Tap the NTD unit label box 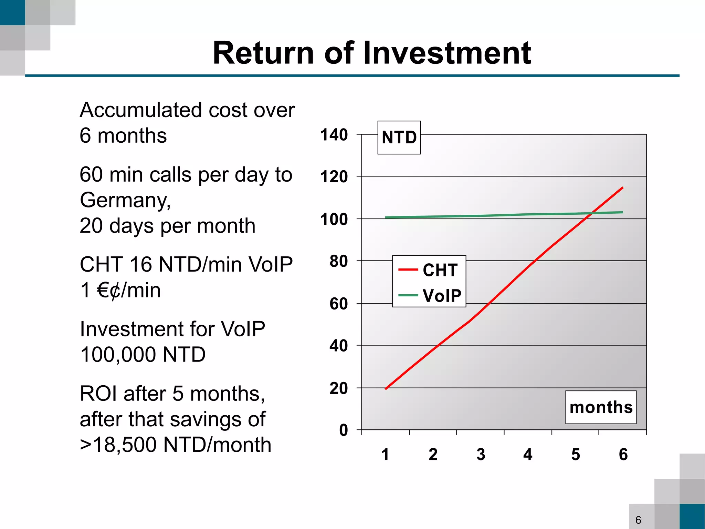coord(399,138)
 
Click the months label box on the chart coord(601,407)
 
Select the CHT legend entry coord(429,270)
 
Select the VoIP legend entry coord(429,296)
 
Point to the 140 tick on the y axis coord(334,135)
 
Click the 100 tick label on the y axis coord(334,219)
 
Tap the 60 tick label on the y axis coord(338,304)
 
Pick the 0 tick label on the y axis coord(343,430)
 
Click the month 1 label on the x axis coord(385,455)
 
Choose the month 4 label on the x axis coord(528,455)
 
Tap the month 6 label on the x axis coord(623,455)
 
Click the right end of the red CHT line coord(622,188)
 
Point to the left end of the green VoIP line coord(386,217)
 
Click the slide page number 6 coord(638,520)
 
